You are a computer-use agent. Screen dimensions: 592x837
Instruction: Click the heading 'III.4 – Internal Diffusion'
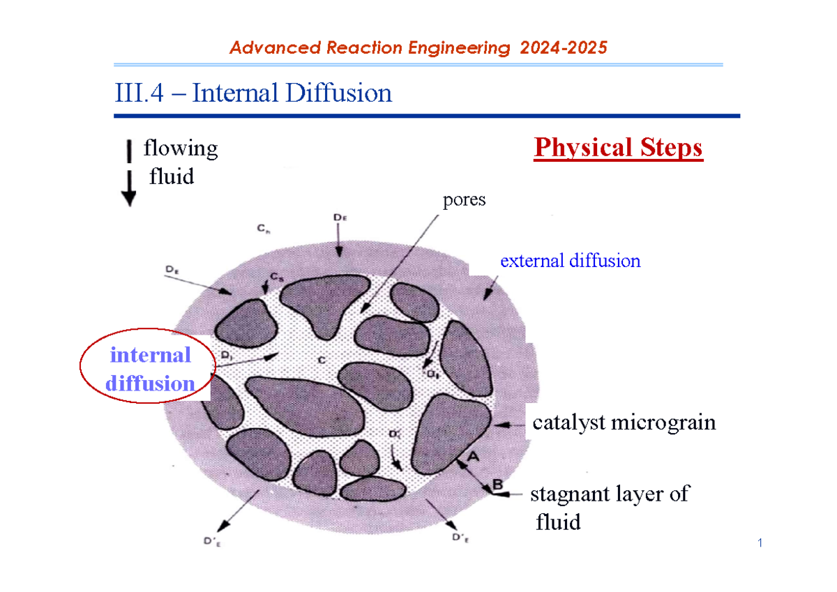pyautogui.click(x=253, y=93)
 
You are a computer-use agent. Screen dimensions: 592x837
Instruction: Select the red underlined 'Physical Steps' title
pyautogui.click(x=618, y=148)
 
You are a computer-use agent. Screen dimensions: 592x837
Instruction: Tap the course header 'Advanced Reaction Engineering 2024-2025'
pyautogui.click(x=418, y=47)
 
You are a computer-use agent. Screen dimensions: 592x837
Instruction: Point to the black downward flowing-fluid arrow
pyautogui.click(x=129, y=174)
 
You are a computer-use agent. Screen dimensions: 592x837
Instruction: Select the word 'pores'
pyautogui.click(x=464, y=200)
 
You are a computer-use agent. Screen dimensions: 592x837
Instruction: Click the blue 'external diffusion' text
pyautogui.click(x=570, y=261)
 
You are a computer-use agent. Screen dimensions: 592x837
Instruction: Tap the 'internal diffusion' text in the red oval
pyautogui.click(x=151, y=369)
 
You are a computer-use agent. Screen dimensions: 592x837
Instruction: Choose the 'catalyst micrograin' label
pyautogui.click(x=624, y=423)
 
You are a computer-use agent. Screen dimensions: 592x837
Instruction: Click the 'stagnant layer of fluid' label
pyautogui.click(x=608, y=507)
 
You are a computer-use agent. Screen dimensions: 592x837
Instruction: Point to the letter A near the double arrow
pyautogui.click(x=472, y=455)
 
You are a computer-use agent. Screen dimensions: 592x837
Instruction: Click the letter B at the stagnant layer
pyautogui.click(x=498, y=483)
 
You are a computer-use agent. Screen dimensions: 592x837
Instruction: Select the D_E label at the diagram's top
pyautogui.click(x=339, y=218)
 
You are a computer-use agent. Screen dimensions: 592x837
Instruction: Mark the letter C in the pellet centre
pyautogui.click(x=322, y=360)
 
